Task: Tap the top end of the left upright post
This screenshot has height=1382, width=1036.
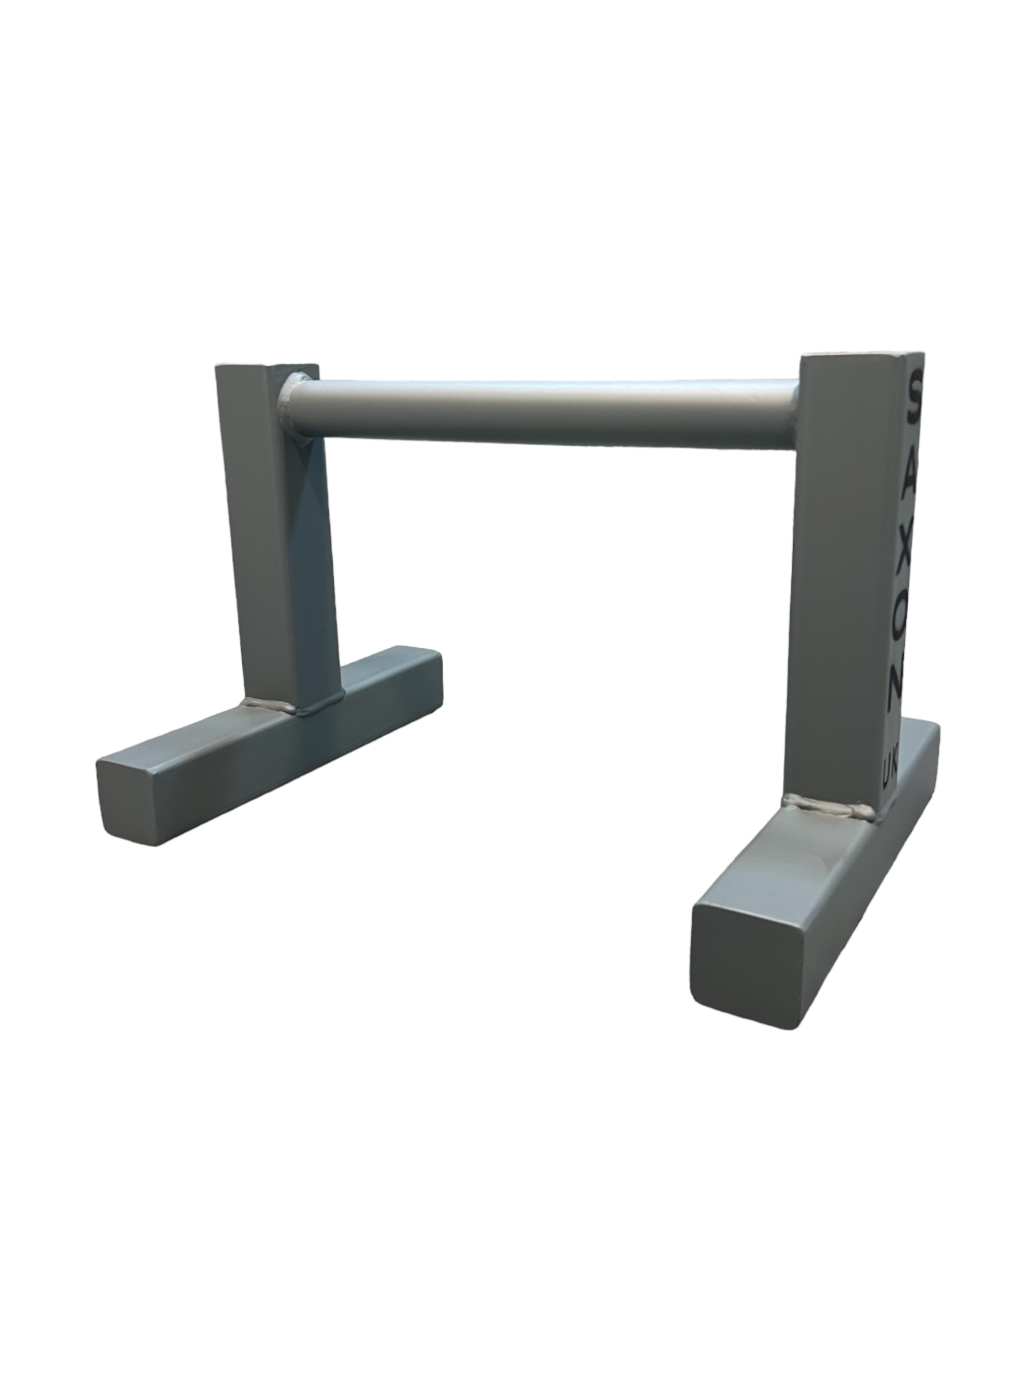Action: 267,367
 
